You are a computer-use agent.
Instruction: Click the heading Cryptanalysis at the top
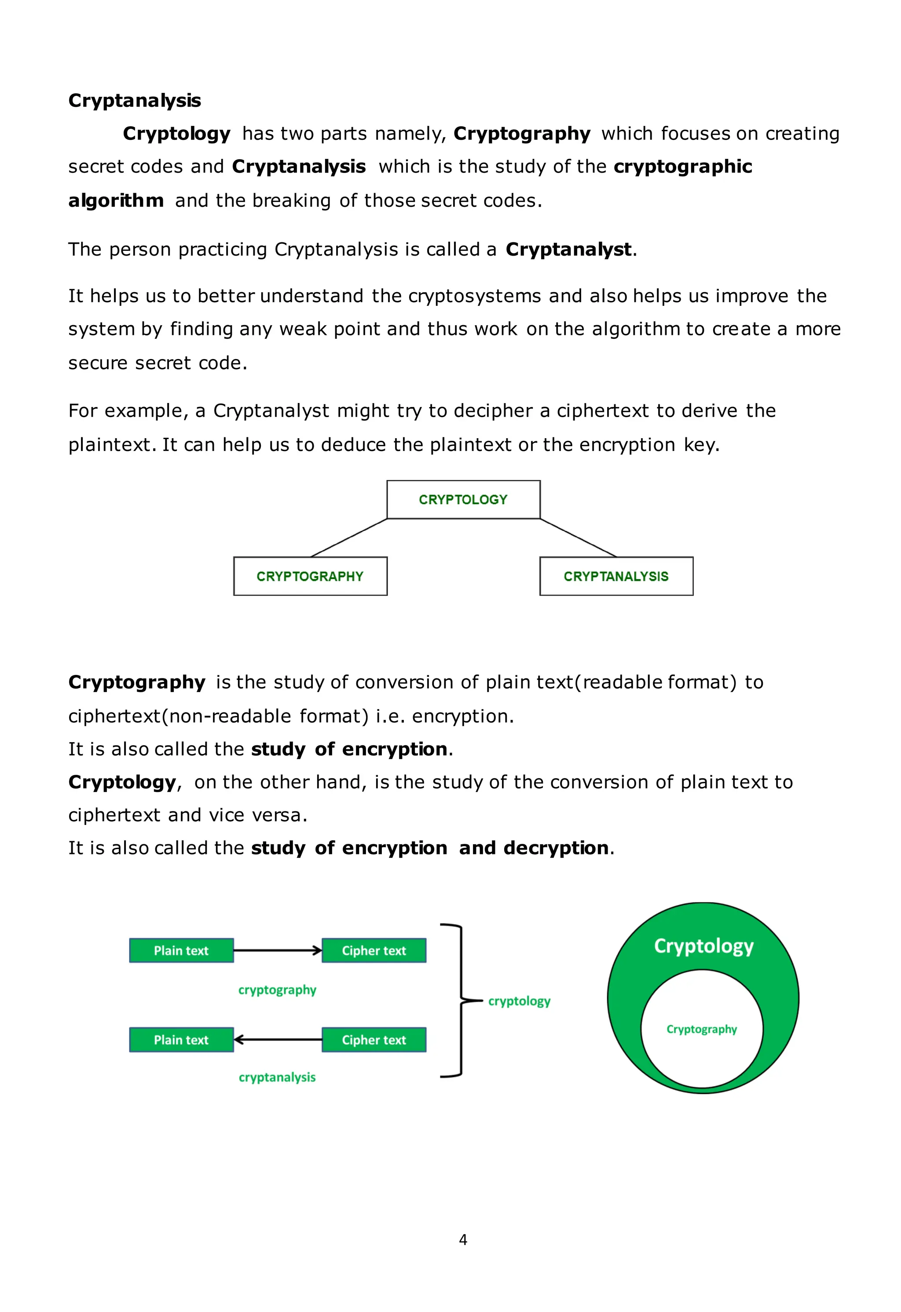tap(134, 100)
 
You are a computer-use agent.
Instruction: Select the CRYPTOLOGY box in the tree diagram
tap(463, 500)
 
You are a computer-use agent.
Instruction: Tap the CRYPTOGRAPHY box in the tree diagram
tap(310, 576)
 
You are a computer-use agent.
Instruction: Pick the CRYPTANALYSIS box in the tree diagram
tap(616, 576)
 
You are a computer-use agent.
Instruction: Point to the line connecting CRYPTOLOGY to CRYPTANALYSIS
tap(578, 538)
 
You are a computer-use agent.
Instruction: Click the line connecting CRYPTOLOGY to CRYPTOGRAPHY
tap(349, 538)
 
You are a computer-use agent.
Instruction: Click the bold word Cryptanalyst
tap(568, 249)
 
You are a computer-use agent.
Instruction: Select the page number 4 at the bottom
tap(463, 1240)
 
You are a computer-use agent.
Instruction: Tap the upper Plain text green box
tap(181, 951)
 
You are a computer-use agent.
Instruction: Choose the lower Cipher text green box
tap(374, 1040)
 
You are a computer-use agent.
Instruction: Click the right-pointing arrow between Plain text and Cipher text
tap(278, 951)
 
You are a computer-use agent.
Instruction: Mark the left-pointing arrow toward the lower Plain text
tap(278, 1040)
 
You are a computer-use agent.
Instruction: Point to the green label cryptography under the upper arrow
tap(277, 990)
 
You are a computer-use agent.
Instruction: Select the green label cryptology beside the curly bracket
tap(519, 1001)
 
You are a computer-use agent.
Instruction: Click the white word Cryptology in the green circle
tap(703, 946)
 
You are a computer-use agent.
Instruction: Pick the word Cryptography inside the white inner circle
tap(702, 1029)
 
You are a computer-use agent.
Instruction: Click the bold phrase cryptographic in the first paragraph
tap(682, 167)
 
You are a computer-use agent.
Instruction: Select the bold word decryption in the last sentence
tap(556, 848)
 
